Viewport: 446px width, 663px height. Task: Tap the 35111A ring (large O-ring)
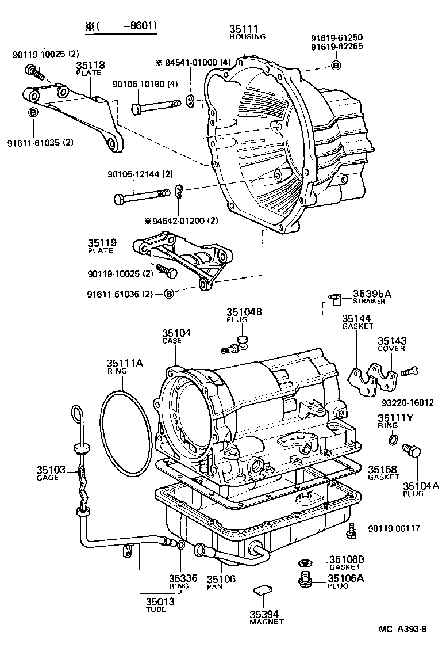point(126,434)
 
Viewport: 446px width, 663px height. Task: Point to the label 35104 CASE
point(176,336)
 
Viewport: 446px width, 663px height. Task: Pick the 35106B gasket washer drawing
point(305,562)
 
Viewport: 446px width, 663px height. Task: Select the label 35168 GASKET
point(383,472)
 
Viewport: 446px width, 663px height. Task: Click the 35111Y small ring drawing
point(393,441)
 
